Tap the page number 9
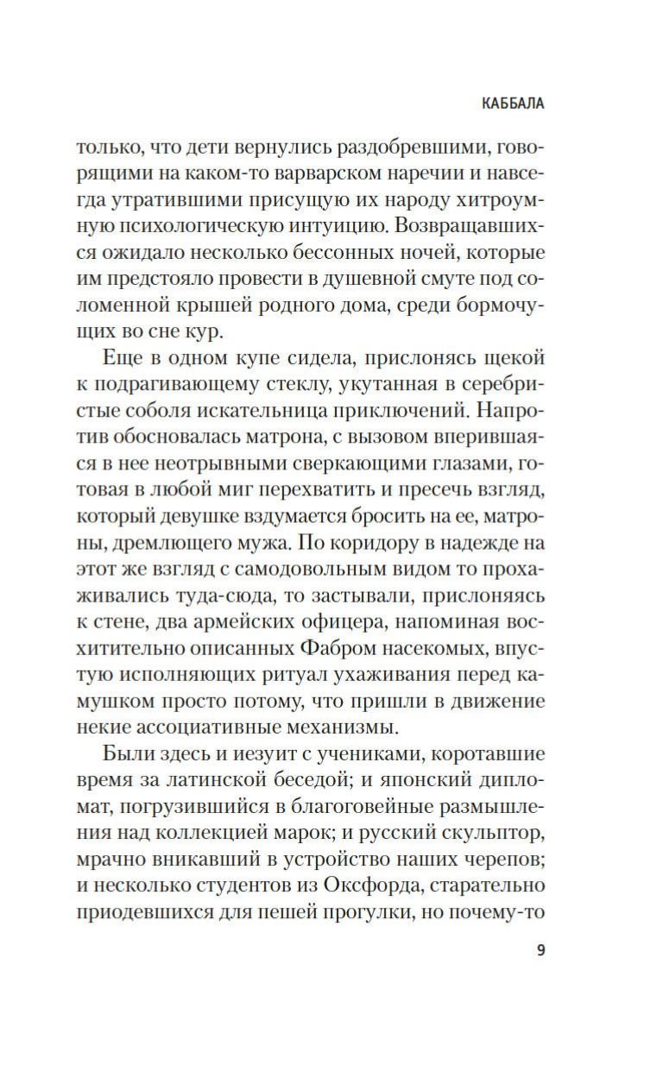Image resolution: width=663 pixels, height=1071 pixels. [540, 951]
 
